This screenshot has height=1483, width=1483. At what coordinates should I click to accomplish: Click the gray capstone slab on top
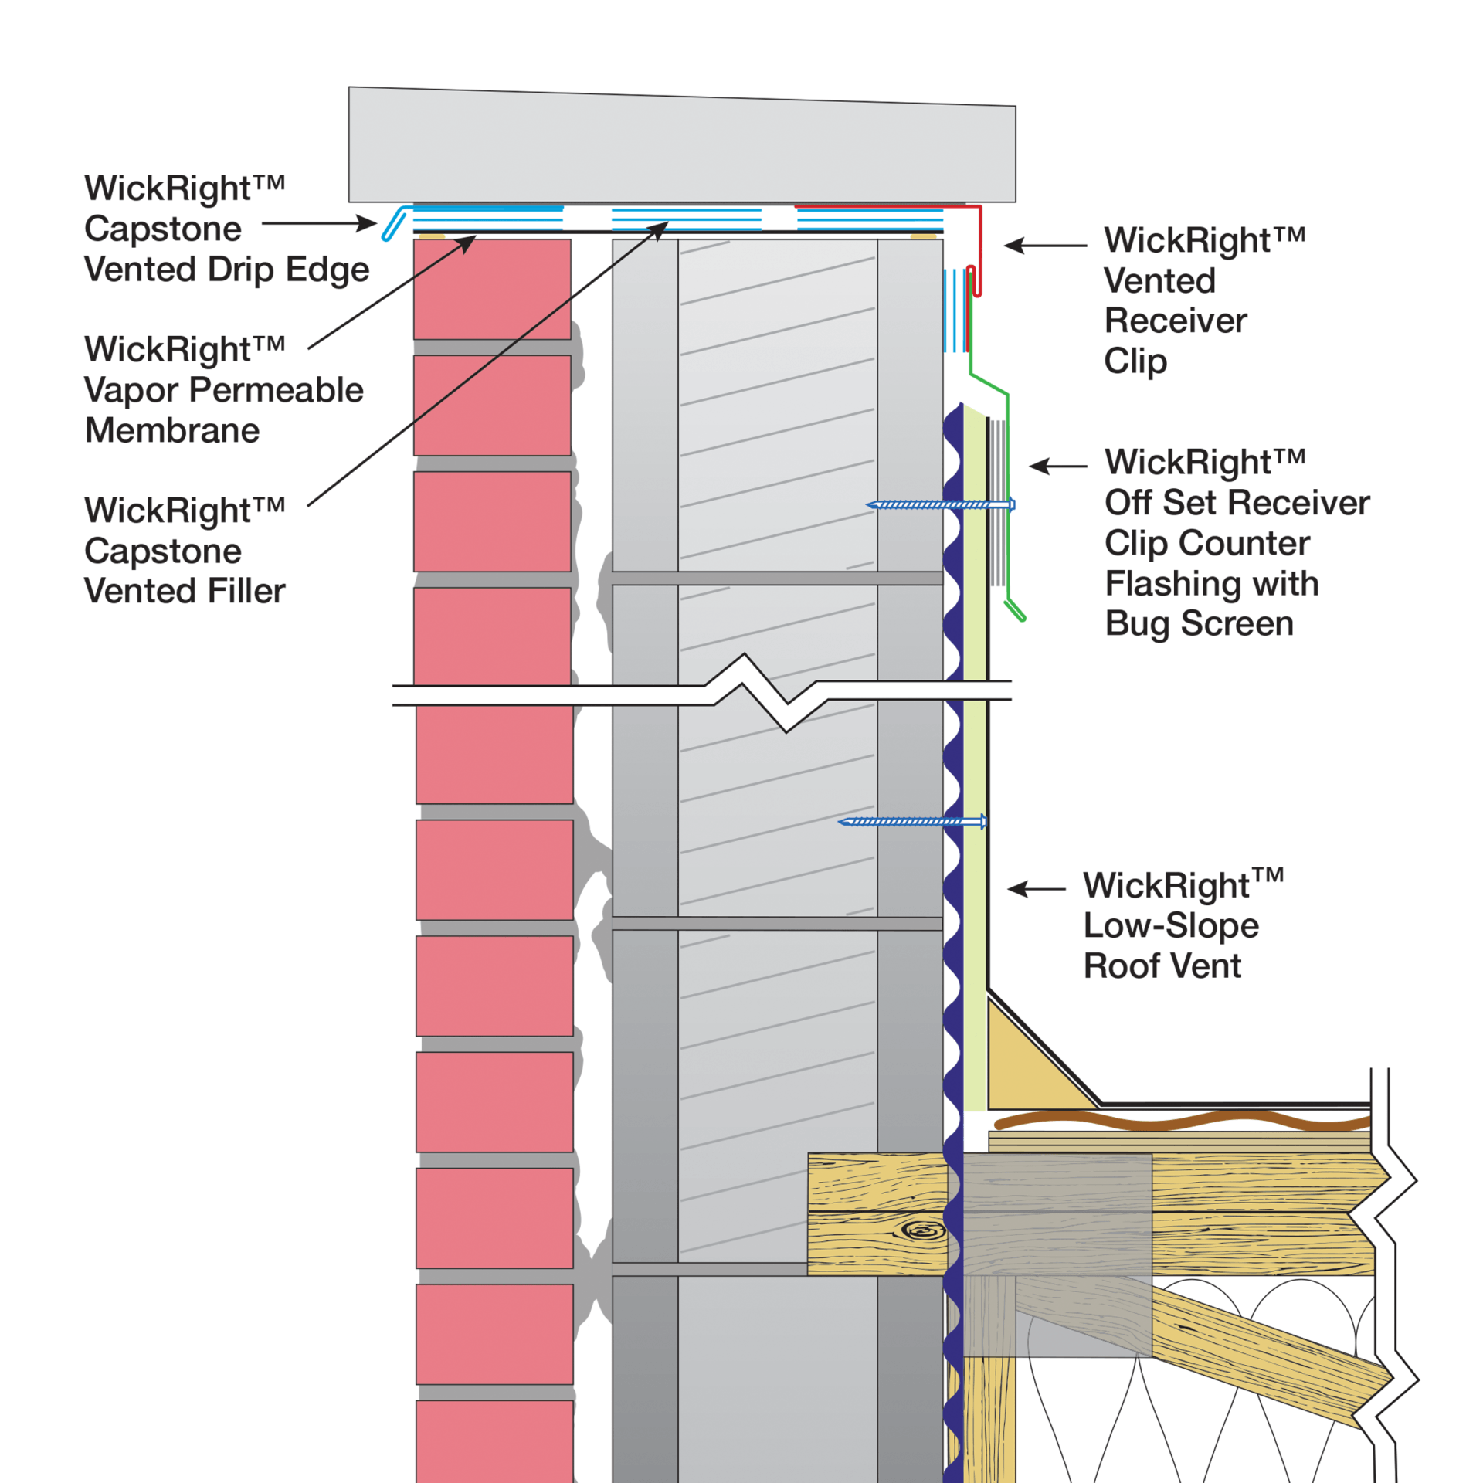click(680, 147)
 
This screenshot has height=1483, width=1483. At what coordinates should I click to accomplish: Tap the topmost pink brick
click(492, 289)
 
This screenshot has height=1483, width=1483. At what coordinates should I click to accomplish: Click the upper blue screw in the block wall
click(938, 504)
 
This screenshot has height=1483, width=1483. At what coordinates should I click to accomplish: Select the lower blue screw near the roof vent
click(911, 821)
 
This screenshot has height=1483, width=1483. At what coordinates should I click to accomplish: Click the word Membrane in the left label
click(171, 430)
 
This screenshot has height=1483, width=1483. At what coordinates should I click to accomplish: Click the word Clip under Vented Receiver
click(1134, 361)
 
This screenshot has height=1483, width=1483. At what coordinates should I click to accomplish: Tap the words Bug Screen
click(1198, 623)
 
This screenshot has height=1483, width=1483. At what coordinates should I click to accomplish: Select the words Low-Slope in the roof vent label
click(1170, 925)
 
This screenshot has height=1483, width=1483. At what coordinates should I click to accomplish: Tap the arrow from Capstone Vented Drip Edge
click(318, 224)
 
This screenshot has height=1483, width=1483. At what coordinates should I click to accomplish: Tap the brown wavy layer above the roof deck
click(1182, 1120)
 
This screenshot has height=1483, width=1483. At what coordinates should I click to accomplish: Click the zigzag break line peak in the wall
click(745, 656)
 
